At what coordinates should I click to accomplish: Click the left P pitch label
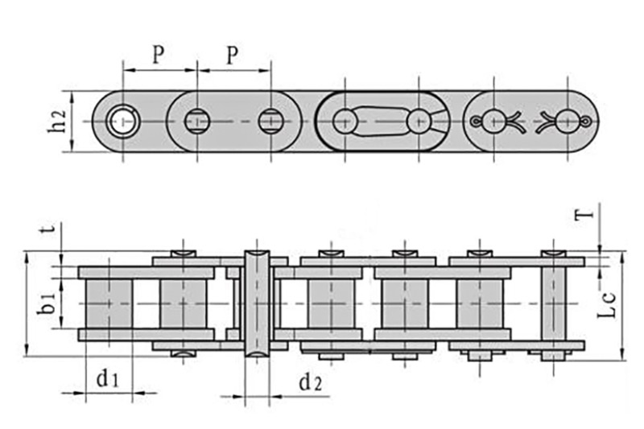click(159, 55)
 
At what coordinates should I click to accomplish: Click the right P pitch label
click(233, 55)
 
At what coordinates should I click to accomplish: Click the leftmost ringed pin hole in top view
click(123, 122)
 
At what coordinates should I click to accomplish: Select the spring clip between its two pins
click(382, 121)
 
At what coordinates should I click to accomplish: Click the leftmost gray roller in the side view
click(108, 303)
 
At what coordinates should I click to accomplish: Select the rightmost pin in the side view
click(554, 303)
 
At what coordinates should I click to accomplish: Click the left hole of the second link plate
click(196, 122)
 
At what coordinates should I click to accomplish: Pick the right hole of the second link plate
click(270, 122)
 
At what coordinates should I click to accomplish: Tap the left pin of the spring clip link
click(345, 122)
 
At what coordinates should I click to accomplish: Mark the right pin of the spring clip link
click(419, 122)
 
